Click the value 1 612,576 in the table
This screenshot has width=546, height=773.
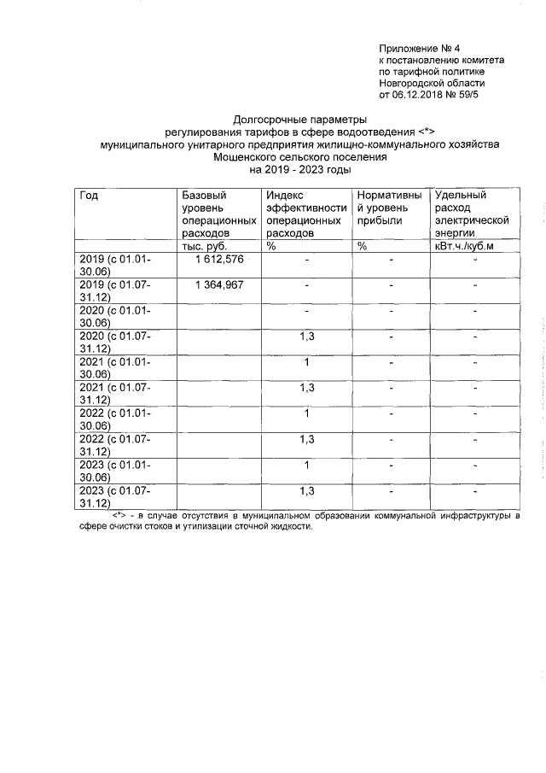pos(219,260)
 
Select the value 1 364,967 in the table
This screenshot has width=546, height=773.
pos(219,284)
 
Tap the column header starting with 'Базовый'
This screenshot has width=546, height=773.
pos(218,214)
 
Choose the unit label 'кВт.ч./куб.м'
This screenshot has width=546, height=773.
pos(464,246)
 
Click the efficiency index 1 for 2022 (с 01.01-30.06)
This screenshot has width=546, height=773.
pos(306,413)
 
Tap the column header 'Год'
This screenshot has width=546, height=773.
pos(89,196)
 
